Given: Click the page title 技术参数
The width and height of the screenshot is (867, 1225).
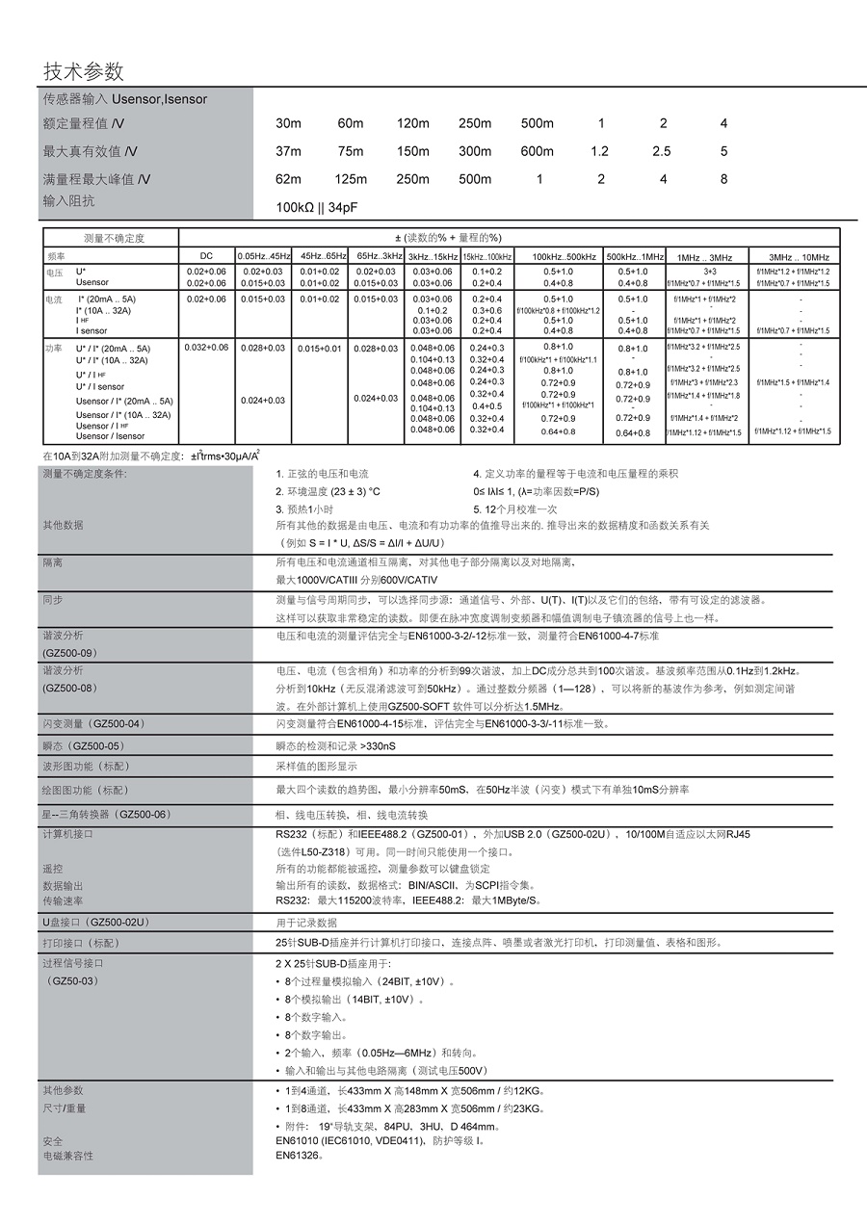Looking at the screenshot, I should click(x=84, y=72).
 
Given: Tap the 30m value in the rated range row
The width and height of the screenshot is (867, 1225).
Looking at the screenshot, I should click(x=288, y=123).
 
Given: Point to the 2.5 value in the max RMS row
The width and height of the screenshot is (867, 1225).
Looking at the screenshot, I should click(x=662, y=151).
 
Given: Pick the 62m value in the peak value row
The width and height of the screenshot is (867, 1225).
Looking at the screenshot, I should click(x=288, y=179).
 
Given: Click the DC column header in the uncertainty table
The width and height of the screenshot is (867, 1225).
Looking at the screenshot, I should click(x=206, y=256).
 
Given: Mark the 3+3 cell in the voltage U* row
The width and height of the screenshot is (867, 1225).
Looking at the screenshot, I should click(x=709, y=272).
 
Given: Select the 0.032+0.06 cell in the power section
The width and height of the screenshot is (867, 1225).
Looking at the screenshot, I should click(x=206, y=347).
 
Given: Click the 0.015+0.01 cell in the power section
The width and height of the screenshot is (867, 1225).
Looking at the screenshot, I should click(x=322, y=348).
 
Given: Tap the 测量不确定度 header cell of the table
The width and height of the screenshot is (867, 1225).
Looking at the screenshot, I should click(x=114, y=238).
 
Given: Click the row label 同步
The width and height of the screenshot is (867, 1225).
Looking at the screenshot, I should click(x=52, y=599).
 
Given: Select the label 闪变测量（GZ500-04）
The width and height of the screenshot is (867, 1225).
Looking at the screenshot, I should click(x=93, y=723).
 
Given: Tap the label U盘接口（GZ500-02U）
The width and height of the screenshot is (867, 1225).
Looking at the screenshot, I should click(x=94, y=923).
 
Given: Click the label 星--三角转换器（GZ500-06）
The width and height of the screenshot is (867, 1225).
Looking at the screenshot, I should click(x=105, y=814).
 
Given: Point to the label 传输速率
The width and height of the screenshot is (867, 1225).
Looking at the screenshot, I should click(x=63, y=900).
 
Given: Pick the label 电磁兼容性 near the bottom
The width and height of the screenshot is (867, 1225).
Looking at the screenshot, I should click(x=67, y=1155).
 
